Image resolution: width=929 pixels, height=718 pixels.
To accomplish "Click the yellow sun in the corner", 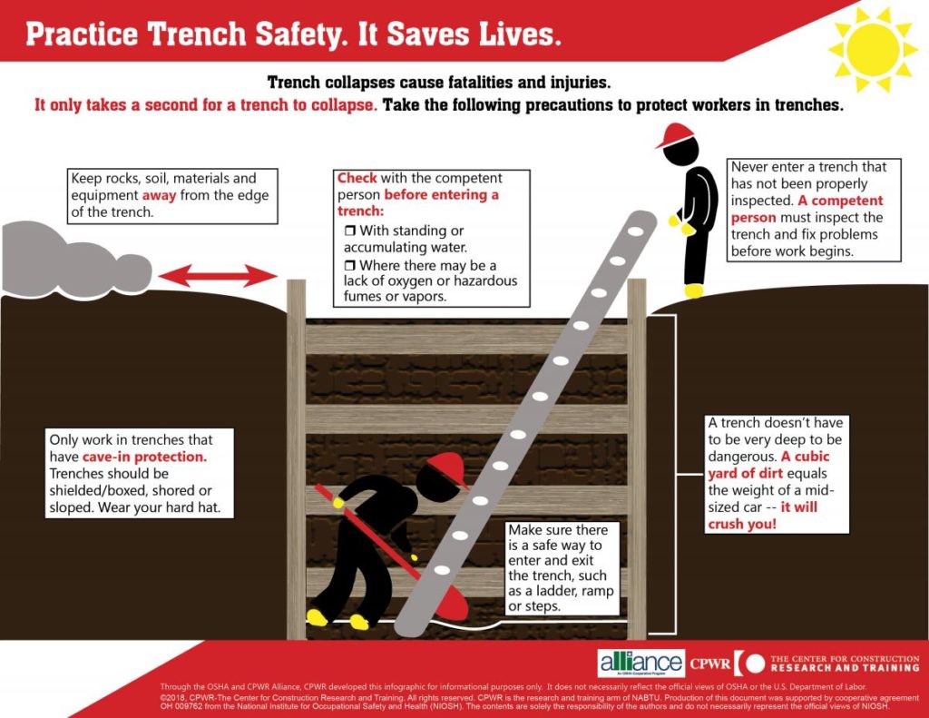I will pos(873,44).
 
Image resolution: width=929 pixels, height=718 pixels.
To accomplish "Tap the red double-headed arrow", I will pos(219,274).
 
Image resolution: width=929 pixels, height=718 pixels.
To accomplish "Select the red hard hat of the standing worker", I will pos(674,137).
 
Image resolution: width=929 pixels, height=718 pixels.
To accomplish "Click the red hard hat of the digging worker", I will pos(446,468).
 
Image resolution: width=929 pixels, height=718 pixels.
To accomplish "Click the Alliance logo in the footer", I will pos(641,663).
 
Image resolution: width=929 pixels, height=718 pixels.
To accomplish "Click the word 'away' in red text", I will pos(159,195).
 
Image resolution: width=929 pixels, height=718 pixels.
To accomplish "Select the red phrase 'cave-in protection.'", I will pos(151,457).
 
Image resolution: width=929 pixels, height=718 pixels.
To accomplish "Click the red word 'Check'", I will pos(357,178).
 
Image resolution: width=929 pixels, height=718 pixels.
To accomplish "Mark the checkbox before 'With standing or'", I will pos(349,231).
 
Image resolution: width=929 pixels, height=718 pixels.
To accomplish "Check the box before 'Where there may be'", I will pos(349,265).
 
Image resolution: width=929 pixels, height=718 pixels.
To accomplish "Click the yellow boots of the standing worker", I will pos(694,290).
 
